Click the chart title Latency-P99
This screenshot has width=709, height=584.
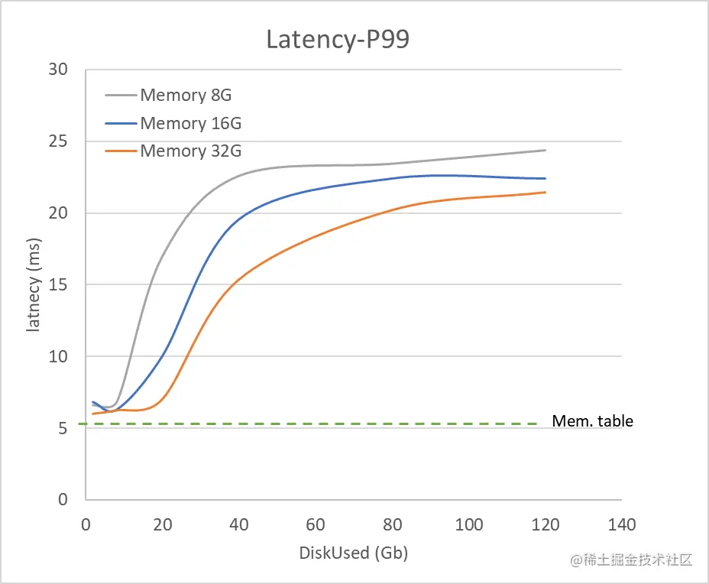point(337,40)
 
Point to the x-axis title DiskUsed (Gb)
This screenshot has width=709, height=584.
point(353,553)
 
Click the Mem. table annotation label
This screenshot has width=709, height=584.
point(592,421)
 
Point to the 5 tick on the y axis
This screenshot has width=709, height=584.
point(63,428)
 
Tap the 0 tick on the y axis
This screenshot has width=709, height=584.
point(63,500)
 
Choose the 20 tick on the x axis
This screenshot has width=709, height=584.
point(162,525)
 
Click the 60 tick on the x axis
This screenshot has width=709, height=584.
point(316,525)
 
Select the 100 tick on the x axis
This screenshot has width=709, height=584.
point(468,525)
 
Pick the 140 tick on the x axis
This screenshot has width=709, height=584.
point(622,525)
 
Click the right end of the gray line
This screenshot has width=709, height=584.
point(546,150)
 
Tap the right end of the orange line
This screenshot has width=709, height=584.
point(546,192)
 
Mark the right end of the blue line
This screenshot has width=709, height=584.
point(546,178)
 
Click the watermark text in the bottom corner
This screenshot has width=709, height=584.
point(631,560)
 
